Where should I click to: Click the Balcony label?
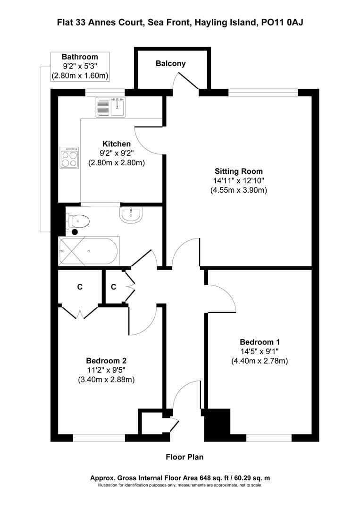point(171,63)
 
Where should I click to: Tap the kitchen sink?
point(110,107)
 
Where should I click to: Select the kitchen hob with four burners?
point(69,157)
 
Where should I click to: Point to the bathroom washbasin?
point(130,215)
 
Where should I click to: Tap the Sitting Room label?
point(239,171)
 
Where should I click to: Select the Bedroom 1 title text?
point(260,342)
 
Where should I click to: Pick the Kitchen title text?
point(117,144)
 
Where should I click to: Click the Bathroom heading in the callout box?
point(80,57)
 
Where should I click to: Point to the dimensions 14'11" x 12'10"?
point(239,181)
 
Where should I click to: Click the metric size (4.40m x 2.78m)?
point(260,361)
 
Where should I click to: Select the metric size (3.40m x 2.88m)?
point(106,379)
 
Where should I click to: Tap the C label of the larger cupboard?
point(80,287)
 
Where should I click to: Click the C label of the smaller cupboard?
point(114,287)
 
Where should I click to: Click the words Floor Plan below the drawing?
point(184,457)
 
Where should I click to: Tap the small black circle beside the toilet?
point(75,232)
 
